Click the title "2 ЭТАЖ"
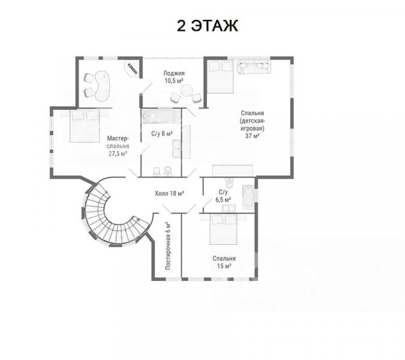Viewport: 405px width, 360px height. point(207,26)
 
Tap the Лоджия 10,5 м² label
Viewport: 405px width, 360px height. point(174,77)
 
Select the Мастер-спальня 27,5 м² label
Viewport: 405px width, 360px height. point(118,146)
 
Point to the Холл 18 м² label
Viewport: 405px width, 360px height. point(169,193)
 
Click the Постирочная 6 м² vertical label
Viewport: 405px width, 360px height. point(168,245)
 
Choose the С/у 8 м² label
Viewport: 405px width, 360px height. point(161,134)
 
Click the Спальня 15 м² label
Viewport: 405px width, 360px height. point(224,262)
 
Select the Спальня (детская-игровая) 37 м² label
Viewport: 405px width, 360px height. point(252,124)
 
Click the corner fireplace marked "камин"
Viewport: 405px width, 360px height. point(133,68)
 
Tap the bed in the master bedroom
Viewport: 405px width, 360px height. point(85,125)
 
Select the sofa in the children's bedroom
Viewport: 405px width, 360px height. point(254,67)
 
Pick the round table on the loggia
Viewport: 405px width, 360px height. point(187,91)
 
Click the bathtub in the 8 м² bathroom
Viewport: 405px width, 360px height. point(161,116)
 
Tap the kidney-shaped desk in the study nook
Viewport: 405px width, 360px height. point(102,86)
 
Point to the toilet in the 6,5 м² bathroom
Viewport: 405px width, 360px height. point(229,182)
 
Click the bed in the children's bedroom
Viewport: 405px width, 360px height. point(220,76)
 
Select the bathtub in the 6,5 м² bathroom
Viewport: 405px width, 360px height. point(248,197)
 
